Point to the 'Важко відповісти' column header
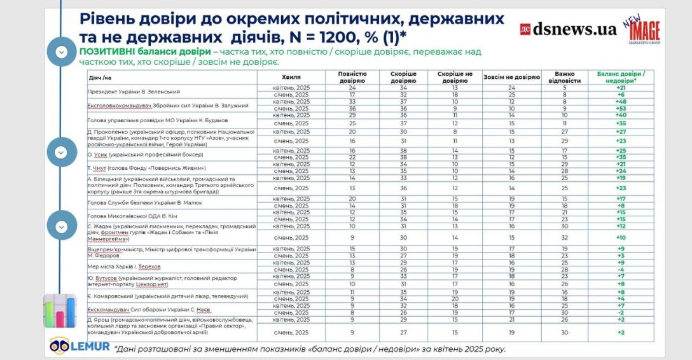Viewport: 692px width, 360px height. coord(564,76)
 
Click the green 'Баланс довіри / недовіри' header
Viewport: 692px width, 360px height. coord(621,76)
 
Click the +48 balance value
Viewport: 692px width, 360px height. coord(621,101)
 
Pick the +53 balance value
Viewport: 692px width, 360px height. coord(621,108)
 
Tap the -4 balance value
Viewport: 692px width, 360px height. coord(621,270)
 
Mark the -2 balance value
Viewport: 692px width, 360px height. coord(621,313)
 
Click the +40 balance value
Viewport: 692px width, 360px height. coord(621,115)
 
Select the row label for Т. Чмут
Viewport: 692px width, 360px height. coord(146,168)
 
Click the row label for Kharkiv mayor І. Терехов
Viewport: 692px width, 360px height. coord(124,266)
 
